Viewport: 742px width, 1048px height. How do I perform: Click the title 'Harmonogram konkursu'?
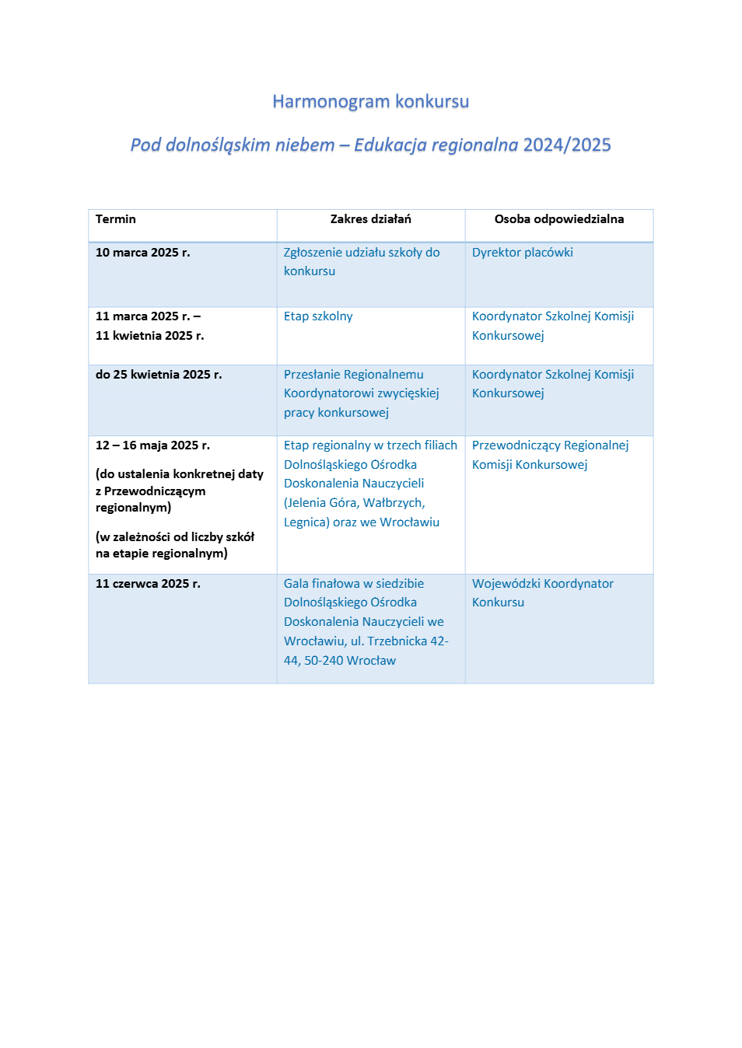click(x=370, y=102)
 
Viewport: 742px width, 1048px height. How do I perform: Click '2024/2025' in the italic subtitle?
click(x=567, y=145)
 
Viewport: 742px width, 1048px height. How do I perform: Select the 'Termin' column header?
click(x=116, y=219)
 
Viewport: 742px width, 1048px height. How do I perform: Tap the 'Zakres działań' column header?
click(x=370, y=219)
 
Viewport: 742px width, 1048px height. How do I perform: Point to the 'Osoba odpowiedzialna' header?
click(x=558, y=219)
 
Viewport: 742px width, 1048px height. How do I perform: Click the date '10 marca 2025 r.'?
click(x=142, y=253)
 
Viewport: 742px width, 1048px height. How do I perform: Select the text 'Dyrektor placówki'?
click(x=522, y=253)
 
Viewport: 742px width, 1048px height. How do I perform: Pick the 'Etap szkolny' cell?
click(x=318, y=316)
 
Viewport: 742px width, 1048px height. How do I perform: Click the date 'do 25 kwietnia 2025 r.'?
click(x=159, y=375)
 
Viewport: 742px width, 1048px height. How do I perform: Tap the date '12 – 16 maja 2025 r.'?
click(x=152, y=445)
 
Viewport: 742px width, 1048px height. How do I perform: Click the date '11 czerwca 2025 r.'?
click(x=148, y=584)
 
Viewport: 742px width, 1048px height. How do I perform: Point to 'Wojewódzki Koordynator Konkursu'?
click(x=542, y=592)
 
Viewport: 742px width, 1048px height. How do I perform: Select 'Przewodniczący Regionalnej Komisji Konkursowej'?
click(x=550, y=455)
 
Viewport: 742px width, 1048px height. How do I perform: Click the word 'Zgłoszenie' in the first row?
click(x=313, y=253)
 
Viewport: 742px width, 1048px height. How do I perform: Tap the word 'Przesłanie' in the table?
click(x=312, y=375)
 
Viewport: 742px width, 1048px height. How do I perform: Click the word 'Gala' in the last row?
click(x=296, y=584)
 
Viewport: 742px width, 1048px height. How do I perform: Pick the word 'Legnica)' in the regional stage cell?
click(x=306, y=522)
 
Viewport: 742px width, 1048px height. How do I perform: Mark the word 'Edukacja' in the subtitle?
click(x=390, y=145)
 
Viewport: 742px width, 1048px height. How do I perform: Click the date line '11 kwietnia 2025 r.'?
click(x=149, y=336)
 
